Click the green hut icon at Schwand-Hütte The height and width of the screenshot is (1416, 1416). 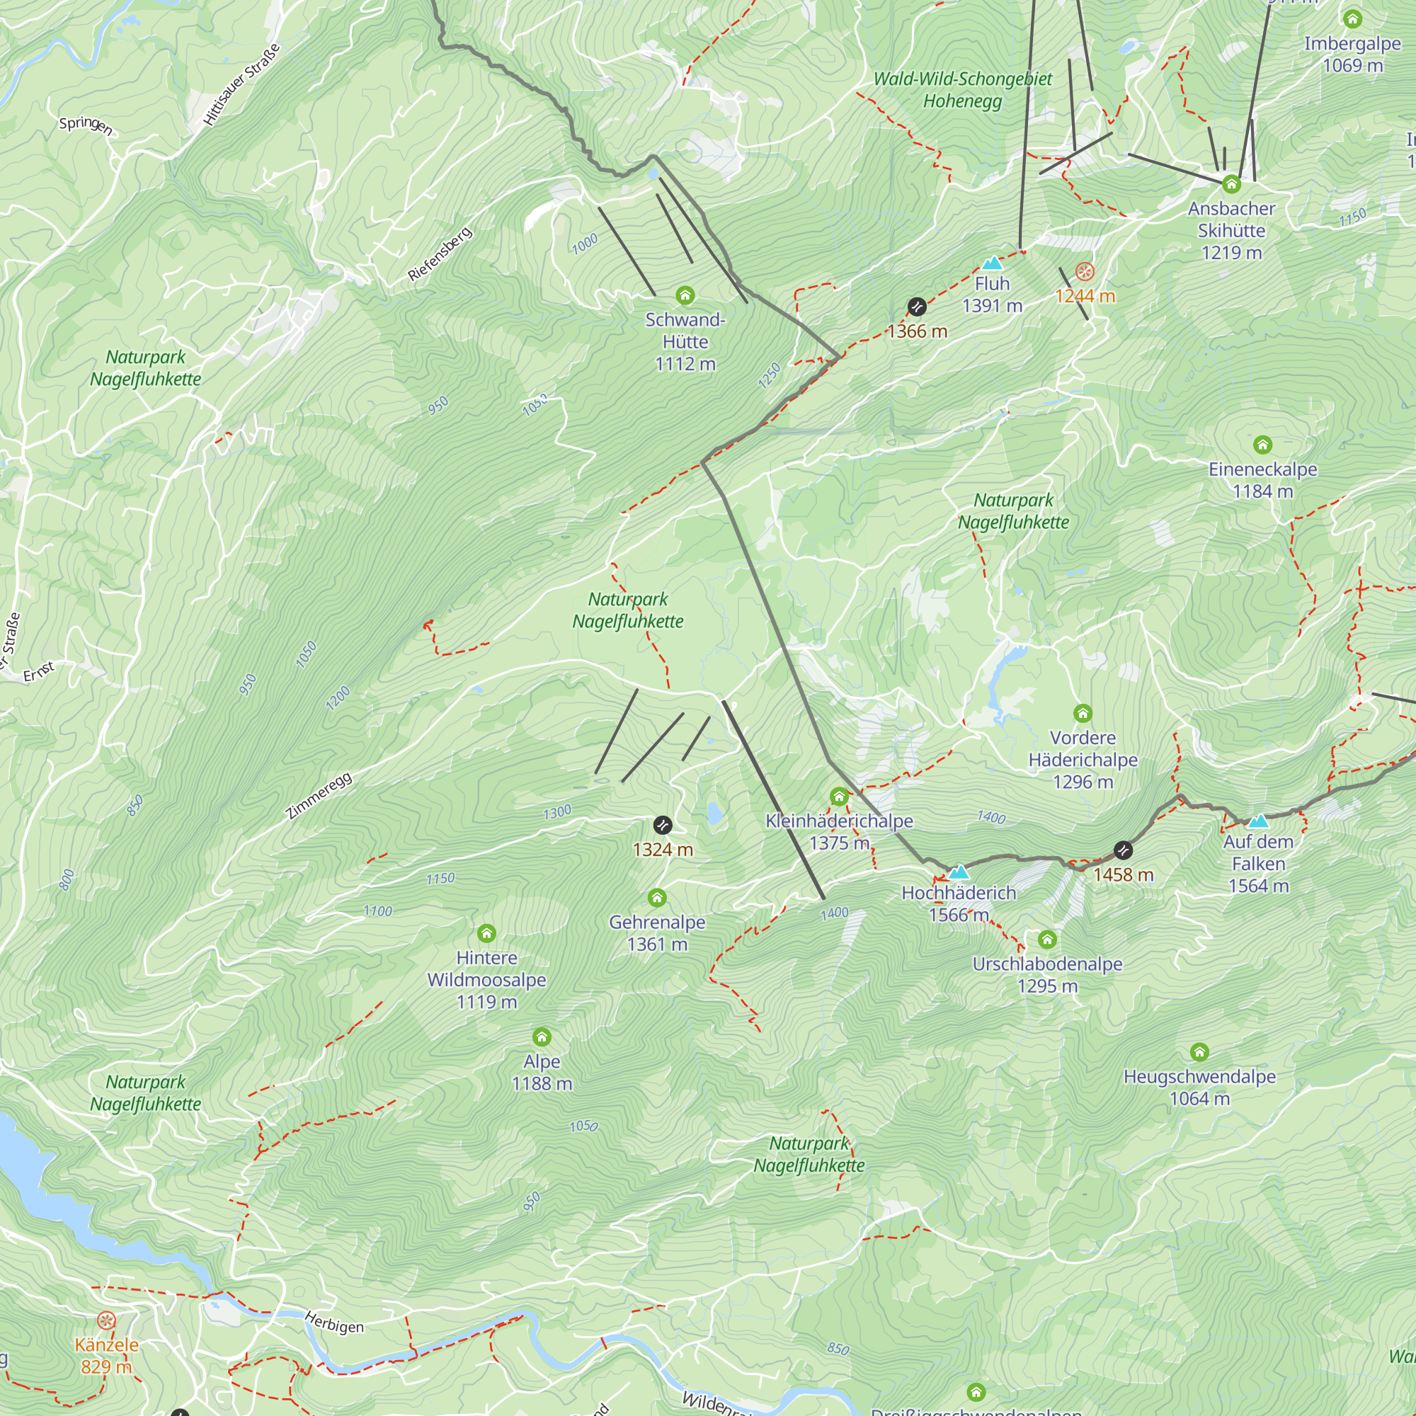tap(685, 295)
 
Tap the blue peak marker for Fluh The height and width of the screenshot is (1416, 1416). tap(992, 263)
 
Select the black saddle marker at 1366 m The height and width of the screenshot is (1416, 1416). tap(917, 307)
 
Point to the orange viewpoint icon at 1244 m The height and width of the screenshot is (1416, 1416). tap(1085, 272)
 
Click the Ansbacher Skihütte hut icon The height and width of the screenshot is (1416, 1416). tap(1231, 184)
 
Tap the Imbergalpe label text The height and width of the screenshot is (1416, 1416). tap(1352, 44)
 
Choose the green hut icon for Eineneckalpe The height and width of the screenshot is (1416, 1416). tap(1262, 445)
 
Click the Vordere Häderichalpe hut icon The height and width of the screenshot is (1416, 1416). tap(1083, 713)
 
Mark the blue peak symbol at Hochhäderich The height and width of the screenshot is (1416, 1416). tap(959, 872)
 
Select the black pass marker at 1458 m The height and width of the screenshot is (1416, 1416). tap(1123, 850)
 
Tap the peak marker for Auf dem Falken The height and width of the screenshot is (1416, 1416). tap(1258, 821)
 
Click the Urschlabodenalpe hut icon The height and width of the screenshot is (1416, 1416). tap(1047, 940)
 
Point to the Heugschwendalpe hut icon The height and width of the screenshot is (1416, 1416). tap(1199, 1053)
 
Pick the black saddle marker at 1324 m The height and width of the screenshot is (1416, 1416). tap(663, 826)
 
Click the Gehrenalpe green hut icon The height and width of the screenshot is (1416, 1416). tap(657, 898)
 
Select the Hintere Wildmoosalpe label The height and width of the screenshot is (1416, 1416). tap(486, 979)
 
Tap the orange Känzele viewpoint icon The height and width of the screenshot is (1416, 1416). tap(106, 1321)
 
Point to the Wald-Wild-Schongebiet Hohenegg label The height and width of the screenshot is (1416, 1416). tap(962, 89)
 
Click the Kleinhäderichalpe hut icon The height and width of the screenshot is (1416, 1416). tap(839, 796)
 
